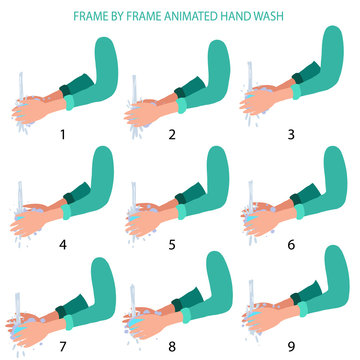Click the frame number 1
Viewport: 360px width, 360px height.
62,132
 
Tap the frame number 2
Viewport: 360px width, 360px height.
172,132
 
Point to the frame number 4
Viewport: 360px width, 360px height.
62,242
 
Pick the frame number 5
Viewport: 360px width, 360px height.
172,242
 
